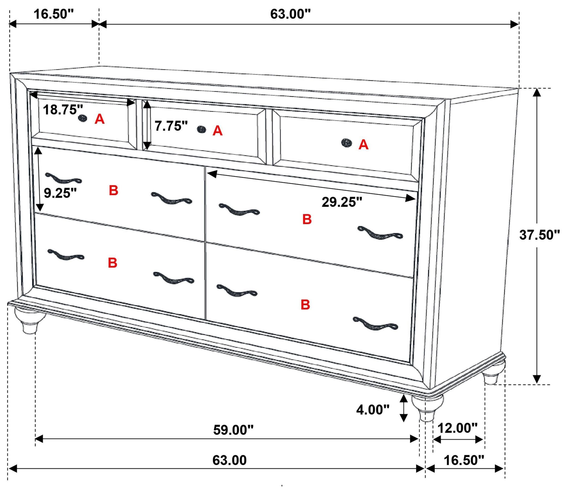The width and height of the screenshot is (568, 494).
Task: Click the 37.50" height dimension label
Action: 539,235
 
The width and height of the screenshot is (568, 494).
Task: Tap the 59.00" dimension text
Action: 233,430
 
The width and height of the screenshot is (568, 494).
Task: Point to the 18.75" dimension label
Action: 63,110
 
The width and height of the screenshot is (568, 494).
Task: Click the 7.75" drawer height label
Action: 171,126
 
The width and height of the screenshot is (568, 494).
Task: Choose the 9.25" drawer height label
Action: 60,193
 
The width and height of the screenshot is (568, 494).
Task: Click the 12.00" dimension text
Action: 457,428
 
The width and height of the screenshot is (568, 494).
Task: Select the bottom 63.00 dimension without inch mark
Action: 230,460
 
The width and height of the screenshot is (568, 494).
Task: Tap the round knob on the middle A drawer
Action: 202,129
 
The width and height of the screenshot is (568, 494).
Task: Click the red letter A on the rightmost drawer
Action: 363,145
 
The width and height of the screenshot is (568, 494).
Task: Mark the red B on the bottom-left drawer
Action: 112,263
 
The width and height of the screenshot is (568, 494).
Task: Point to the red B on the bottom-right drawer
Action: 305,305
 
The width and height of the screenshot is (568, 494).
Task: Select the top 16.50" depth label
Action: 54,14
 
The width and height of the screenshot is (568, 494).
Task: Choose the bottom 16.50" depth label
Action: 464,460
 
